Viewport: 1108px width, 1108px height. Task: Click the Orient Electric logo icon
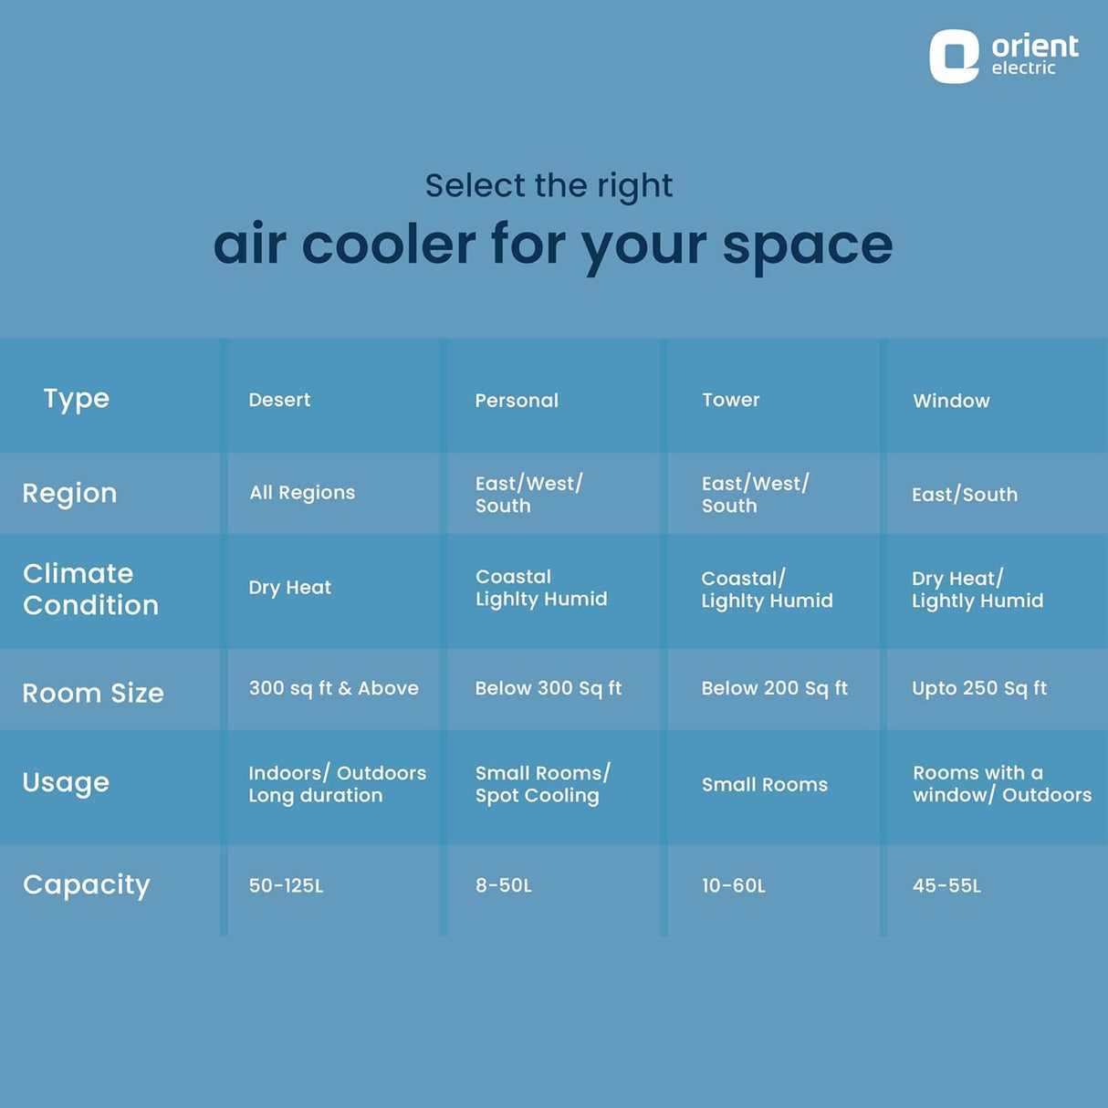(x=954, y=57)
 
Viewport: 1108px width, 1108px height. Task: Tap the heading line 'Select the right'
(x=549, y=186)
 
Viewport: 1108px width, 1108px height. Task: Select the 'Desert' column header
(x=279, y=400)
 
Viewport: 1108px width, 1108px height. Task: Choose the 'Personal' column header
(x=517, y=400)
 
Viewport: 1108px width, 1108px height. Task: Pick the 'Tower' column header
(x=731, y=400)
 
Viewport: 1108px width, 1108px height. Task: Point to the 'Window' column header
(x=951, y=400)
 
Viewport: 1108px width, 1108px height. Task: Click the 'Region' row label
(x=69, y=494)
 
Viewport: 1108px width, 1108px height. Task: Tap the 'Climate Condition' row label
(x=90, y=590)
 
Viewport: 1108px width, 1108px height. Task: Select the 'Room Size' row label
(x=93, y=693)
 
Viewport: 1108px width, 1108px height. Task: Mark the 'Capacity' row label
(x=86, y=886)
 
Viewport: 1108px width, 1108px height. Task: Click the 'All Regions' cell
(x=302, y=493)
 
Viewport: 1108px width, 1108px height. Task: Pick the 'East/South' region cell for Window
(x=965, y=495)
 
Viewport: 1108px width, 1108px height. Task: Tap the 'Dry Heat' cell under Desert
(x=290, y=588)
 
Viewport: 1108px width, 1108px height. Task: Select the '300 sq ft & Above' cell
(x=333, y=688)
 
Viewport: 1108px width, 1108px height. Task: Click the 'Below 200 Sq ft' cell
(x=775, y=688)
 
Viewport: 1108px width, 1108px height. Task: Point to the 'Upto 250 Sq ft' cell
(x=979, y=688)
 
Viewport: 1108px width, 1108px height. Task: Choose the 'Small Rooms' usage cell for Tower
(x=765, y=785)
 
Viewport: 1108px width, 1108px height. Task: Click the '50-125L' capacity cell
(x=286, y=885)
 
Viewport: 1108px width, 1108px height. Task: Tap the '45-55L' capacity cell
(x=946, y=885)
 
